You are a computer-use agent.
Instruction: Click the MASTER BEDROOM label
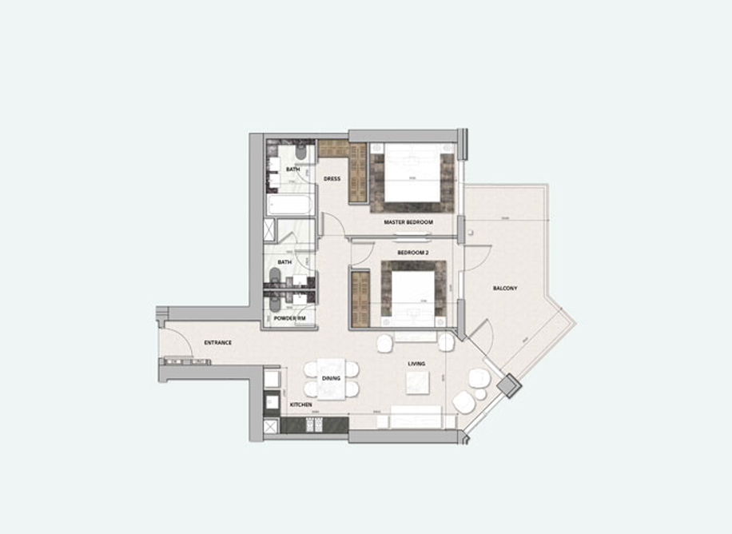(408, 221)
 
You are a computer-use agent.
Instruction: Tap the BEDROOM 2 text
(413, 253)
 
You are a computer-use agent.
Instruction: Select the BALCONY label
(505, 288)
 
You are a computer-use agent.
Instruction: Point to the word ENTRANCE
(217, 343)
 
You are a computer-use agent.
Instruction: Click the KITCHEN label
(301, 405)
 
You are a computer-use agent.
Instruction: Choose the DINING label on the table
(331, 378)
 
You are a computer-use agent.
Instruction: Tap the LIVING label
(416, 364)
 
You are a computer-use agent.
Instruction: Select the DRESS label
(332, 179)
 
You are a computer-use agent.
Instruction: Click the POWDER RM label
(290, 318)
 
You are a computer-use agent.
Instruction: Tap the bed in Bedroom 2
(412, 296)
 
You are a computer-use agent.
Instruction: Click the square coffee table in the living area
(416, 385)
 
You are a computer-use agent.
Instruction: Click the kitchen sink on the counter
(272, 400)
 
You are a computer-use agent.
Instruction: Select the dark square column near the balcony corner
(507, 387)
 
